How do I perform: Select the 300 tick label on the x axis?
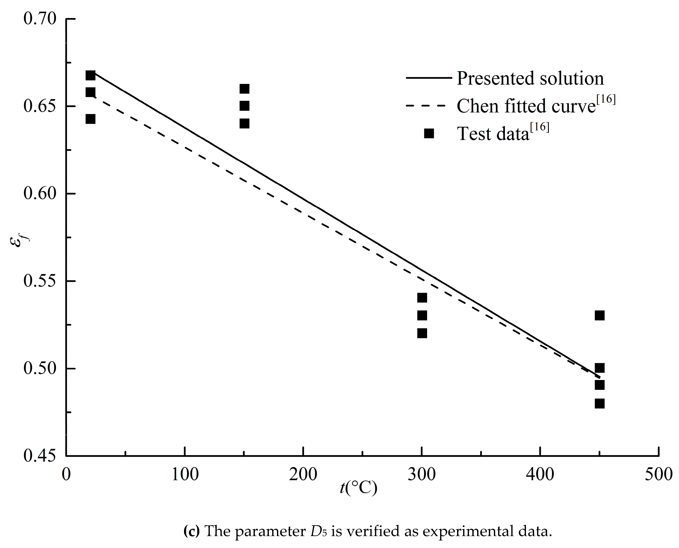point(422,474)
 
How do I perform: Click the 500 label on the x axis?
point(659,474)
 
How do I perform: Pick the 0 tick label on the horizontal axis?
point(66,474)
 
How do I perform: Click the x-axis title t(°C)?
point(358,488)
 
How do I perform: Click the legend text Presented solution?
point(530,78)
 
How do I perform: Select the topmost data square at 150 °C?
point(244,89)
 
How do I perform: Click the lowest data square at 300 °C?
point(422,333)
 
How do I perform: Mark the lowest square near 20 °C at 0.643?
point(90,119)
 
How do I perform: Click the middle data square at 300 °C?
point(422,315)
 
